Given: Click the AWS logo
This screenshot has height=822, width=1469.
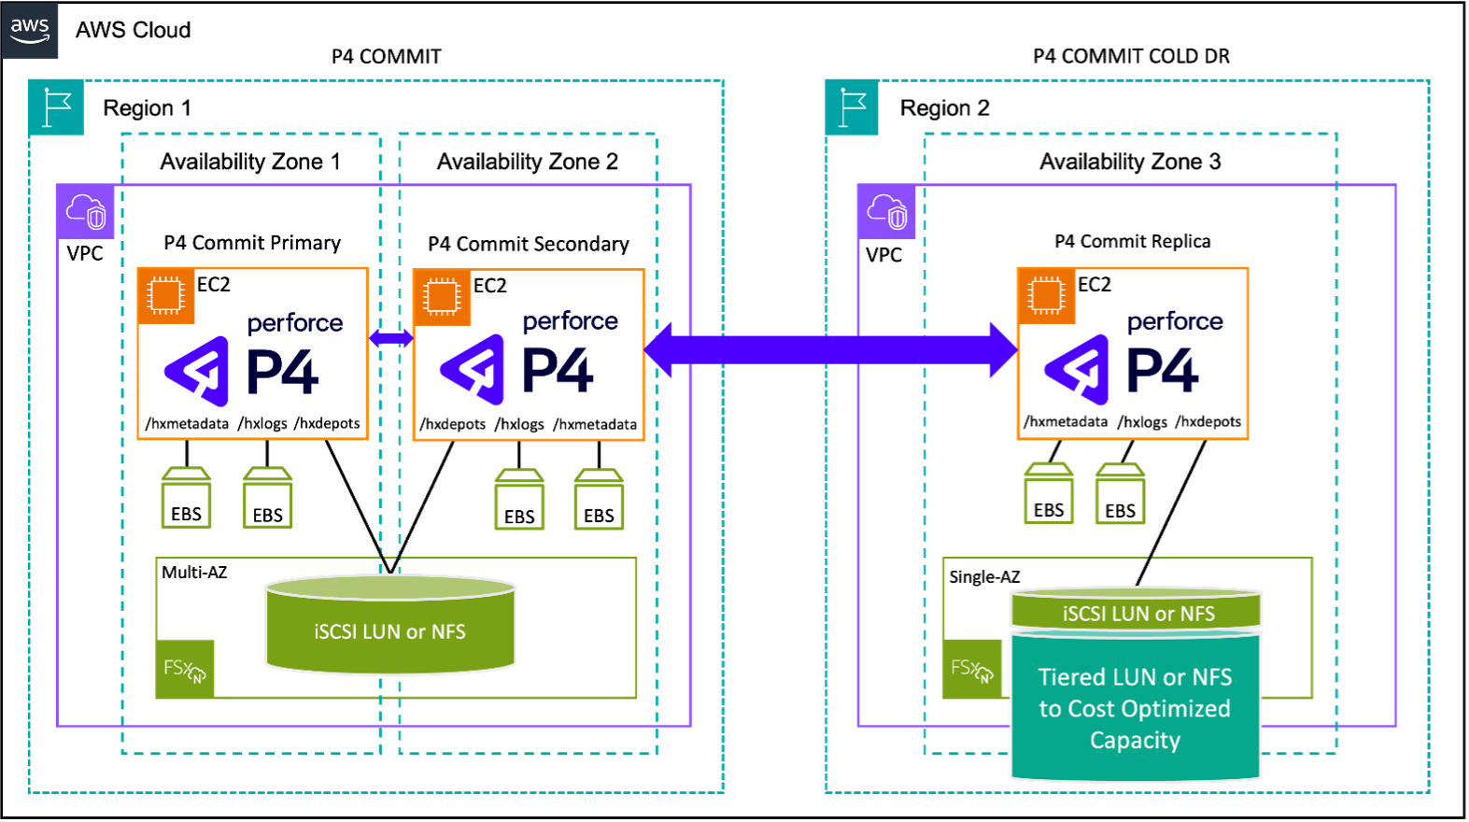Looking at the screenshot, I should [x=30, y=30].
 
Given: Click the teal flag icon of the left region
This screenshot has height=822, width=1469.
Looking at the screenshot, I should [x=57, y=108].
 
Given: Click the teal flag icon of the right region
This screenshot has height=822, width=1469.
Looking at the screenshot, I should [x=853, y=108].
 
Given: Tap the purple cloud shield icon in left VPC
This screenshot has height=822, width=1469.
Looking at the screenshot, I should [x=86, y=212].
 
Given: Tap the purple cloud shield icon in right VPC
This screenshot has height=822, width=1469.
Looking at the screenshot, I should [x=886, y=212].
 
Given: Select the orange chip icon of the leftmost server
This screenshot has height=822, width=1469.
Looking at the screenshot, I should [x=166, y=296].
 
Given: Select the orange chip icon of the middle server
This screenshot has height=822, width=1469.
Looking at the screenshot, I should [x=442, y=297].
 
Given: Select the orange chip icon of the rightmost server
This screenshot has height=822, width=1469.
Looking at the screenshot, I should [x=1046, y=296].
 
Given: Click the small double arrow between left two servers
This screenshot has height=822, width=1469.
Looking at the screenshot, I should [x=391, y=338].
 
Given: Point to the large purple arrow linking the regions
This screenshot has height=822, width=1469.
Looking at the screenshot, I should [x=830, y=349].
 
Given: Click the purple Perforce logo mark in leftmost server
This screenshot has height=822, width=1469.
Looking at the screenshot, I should [x=198, y=371].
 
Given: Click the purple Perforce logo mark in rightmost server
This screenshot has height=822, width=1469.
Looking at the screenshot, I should [x=1078, y=370].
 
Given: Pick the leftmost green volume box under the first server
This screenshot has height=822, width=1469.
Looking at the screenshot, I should [x=187, y=499].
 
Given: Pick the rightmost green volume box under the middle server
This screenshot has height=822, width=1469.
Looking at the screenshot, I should [x=599, y=501].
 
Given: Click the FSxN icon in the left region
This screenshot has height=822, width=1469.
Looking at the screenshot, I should [x=185, y=669].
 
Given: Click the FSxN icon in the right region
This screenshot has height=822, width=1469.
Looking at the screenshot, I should [x=972, y=669].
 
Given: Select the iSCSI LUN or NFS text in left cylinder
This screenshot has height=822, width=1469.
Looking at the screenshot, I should [x=389, y=632].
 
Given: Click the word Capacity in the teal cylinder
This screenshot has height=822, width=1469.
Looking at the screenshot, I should [x=1135, y=741].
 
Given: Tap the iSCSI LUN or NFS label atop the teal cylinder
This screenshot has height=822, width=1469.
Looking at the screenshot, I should [x=1137, y=614].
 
